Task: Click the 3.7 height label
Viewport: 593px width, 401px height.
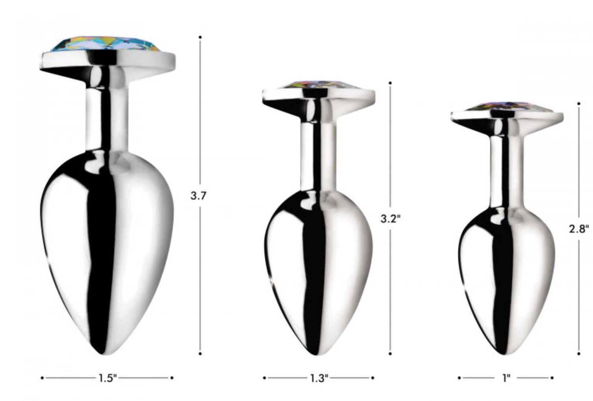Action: (x=198, y=196)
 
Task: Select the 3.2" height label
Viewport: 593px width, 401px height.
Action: (x=391, y=219)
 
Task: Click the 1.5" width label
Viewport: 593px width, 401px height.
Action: (x=107, y=378)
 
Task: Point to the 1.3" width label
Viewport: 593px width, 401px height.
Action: (x=319, y=378)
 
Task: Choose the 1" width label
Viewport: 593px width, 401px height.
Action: (x=506, y=378)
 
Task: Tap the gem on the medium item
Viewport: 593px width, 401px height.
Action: (x=318, y=85)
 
